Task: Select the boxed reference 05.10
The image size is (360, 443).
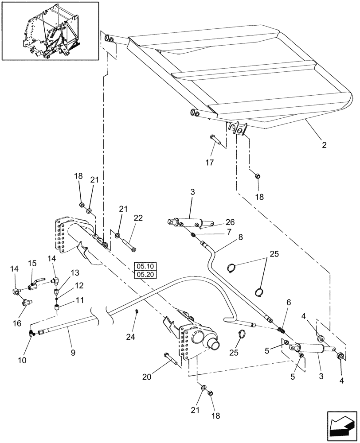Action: [145, 267]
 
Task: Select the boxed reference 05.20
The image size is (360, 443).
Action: [145, 274]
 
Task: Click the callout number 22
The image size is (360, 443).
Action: [138, 218]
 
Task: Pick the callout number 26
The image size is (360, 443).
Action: [230, 222]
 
